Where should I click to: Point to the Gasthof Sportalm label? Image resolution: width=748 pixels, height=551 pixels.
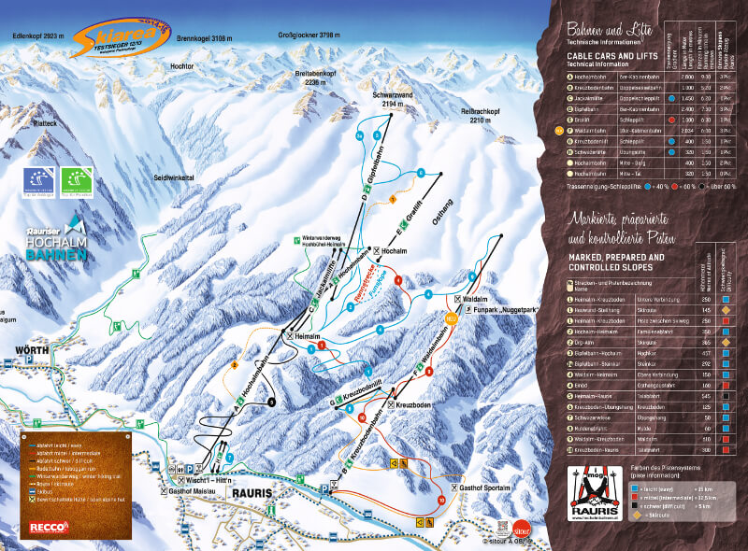pos(485,488)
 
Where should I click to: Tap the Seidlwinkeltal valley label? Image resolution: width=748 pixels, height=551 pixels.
pos(174,176)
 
